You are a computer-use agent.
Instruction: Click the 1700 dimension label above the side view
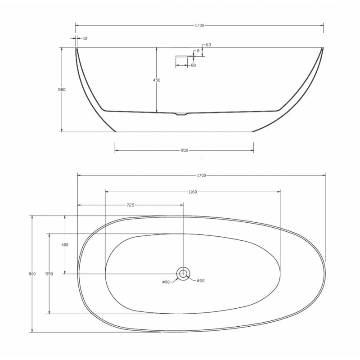coord(199,26)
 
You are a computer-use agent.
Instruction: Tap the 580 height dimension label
coord(62,90)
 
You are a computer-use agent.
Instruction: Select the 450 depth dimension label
coord(157,80)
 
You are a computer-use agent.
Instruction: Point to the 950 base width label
coord(184,150)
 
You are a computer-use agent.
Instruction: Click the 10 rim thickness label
coord(85,38)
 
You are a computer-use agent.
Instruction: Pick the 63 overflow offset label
coord(208,45)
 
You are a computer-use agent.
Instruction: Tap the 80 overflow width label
coord(193,65)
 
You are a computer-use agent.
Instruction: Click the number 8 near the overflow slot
coord(198,51)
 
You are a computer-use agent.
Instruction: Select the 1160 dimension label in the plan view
coord(193,192)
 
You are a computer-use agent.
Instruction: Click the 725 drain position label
coord(130,205)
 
